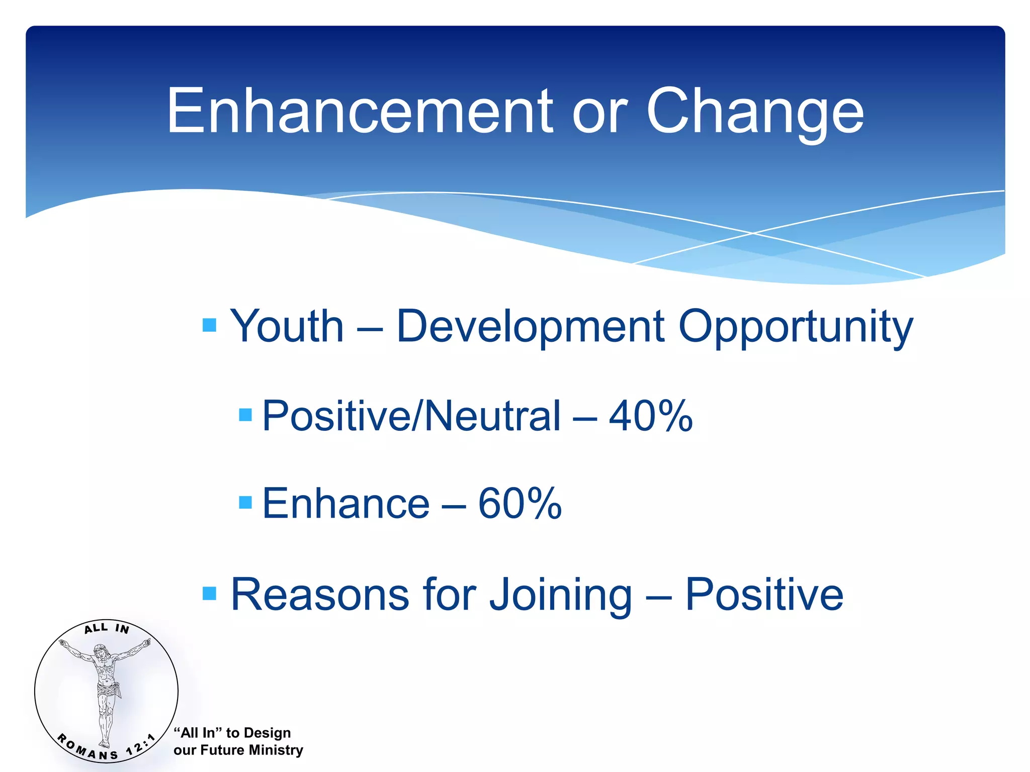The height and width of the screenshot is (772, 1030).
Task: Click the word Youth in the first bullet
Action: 287,327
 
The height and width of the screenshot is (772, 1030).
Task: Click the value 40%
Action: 650,416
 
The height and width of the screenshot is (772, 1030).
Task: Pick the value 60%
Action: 520,504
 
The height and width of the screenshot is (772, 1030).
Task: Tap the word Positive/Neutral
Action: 411,416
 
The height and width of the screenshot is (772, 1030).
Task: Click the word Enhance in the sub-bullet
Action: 346,504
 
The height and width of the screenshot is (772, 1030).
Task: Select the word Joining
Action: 560,596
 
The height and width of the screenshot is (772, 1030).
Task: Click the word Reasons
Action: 319,595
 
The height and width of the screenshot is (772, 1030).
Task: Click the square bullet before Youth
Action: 209,325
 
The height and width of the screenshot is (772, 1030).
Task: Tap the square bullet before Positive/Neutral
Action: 245,415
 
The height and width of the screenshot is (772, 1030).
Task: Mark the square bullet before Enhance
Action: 245,502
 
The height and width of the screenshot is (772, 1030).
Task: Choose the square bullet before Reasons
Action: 209,594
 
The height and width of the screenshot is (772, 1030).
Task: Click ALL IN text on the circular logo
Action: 107,628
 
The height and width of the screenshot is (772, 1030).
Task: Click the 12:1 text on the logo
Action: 140,744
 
